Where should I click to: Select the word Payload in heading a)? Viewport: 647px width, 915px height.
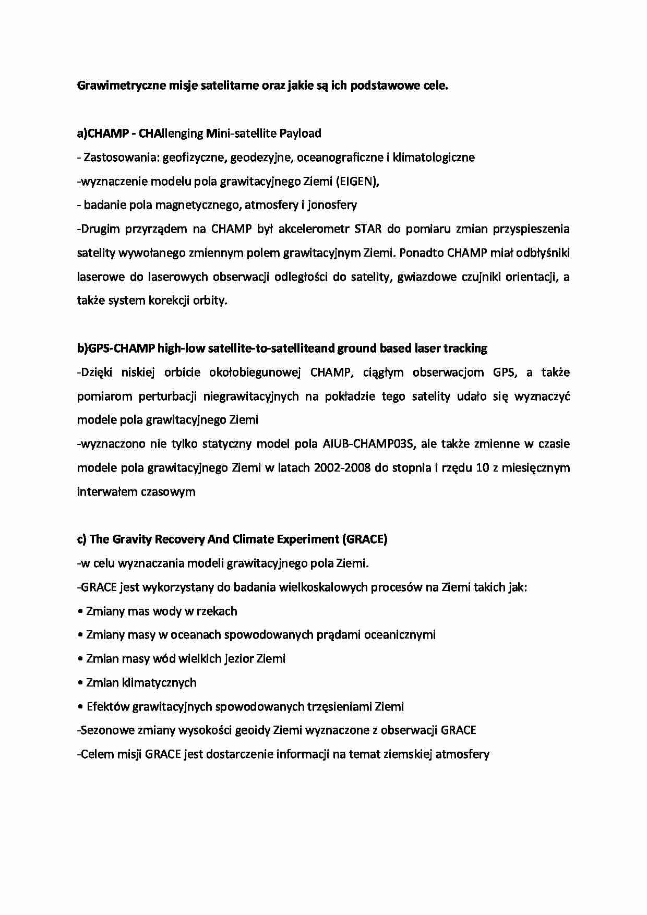point(300,134)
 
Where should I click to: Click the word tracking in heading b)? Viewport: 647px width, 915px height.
point(464,348)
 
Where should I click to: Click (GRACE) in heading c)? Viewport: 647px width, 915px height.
point(365,539)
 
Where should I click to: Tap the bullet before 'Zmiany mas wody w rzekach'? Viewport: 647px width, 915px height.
point(80,611)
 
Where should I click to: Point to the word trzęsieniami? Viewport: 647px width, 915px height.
point(340,707)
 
